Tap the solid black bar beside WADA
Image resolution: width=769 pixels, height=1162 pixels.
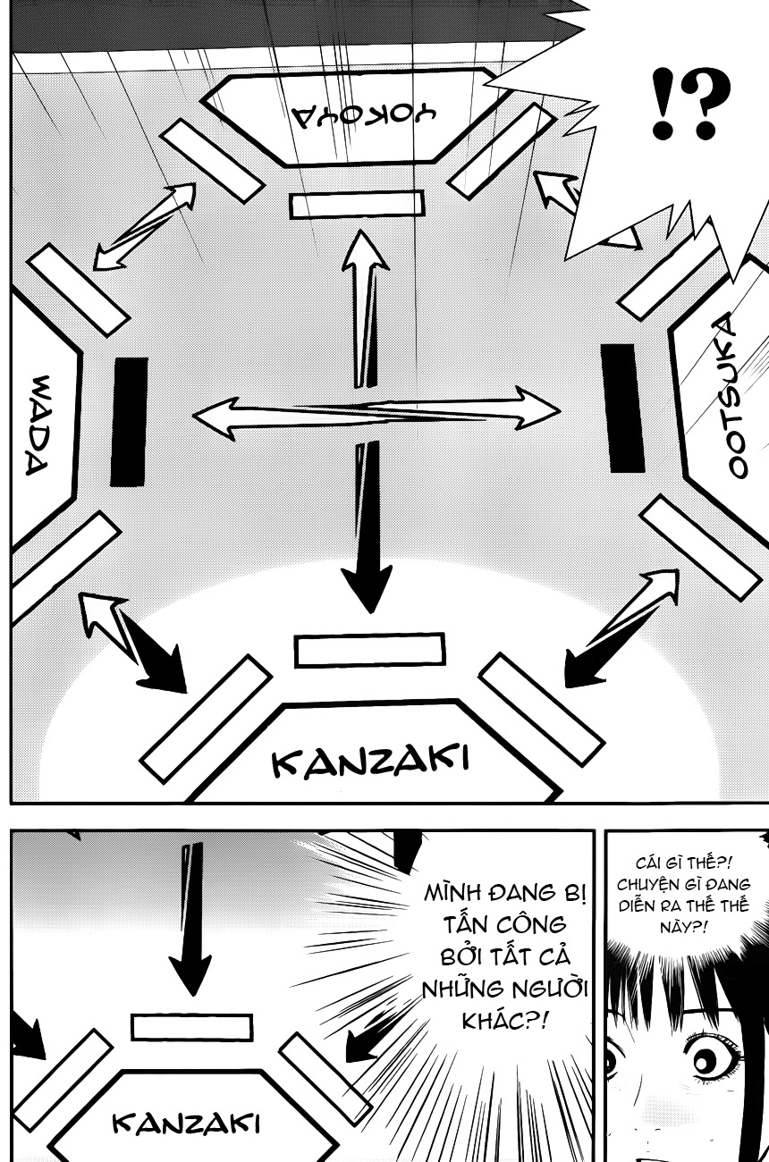pyautogui.click(x=129, y=422)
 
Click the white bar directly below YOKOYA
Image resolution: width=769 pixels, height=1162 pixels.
pyautogui.click(x=355, y=205)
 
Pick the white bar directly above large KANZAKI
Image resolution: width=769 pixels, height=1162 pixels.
pyautogui.click(x=369, y=650)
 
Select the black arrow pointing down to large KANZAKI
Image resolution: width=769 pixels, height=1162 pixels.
pyautogui.click(x=367, y=536)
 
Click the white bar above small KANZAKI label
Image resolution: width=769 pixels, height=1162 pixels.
pyautogui.click(x=191, y=1027)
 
